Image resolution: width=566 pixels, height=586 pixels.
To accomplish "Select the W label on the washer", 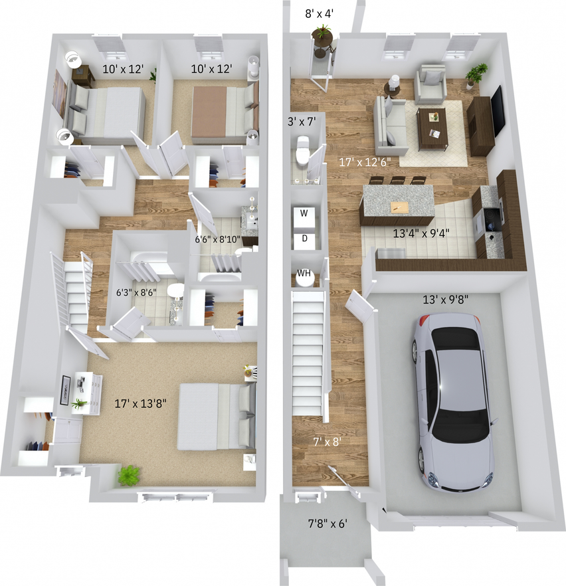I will click(x=304, y=213).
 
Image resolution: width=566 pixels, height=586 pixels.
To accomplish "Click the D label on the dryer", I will click(x=304, y=238).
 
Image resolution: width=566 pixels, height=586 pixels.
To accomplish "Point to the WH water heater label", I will click(x=304, y=273).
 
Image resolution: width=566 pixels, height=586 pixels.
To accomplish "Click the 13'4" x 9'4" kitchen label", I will click(x=422, y=233).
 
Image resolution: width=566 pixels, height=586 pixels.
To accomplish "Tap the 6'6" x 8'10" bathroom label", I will click(x=217, y=239).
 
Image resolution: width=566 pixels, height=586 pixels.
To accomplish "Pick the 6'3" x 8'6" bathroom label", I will click(x=138, y=291).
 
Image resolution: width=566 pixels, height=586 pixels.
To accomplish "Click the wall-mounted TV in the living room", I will click(x=497, y=110).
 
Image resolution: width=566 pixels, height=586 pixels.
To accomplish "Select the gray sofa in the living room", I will click(x=389, y=122).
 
